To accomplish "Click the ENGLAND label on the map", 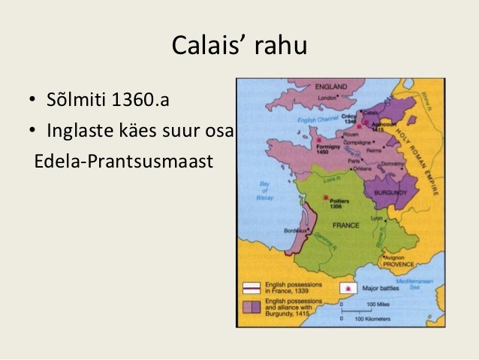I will click(x=329, y=86).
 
